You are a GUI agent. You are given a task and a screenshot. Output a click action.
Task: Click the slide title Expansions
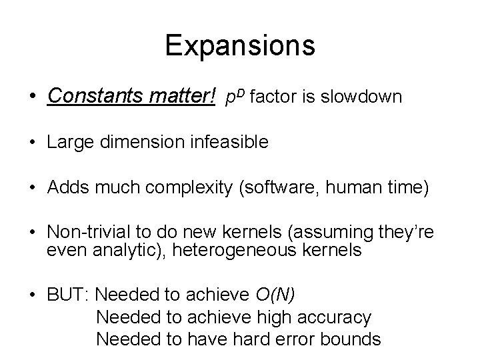[240, 46]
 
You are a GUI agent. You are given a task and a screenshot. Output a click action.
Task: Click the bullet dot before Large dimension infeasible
[32, 142]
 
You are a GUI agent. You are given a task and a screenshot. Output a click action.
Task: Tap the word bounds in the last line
[351, 339]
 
